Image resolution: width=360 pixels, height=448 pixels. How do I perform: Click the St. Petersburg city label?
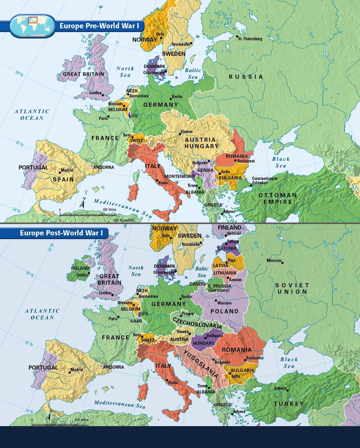pos(250,39)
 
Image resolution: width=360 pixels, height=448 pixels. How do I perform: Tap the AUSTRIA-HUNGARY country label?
pos(202,143)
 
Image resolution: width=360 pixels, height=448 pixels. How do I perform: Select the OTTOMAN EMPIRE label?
pos(278,198)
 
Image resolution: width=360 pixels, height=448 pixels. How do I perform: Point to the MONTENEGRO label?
pos(179,176)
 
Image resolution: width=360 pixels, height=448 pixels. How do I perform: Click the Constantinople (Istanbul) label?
pos(265,180)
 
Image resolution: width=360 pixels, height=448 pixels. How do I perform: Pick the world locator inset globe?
pos(33,26)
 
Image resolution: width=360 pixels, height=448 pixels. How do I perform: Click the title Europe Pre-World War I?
pos(99,26)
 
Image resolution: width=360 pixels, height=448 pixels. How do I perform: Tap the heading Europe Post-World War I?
pos(61,233)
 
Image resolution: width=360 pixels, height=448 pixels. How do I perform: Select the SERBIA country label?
pos(205,170)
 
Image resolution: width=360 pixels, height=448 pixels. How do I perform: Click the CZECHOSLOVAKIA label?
pos(197,323)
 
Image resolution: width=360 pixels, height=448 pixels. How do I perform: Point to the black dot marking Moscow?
pos(282,262)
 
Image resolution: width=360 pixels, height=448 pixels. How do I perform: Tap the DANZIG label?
pos(198,284)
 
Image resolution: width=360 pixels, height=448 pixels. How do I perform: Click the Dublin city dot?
pos(89,273)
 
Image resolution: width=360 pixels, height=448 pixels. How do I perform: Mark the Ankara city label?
pos(280,388)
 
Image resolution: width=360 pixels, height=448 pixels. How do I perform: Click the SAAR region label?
pos(136,321)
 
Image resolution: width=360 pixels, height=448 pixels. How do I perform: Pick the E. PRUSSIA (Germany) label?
pos(220,288)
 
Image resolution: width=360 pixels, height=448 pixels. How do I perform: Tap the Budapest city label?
pos(214,336)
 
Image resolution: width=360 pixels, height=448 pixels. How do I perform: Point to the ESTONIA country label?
pos(227,249)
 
